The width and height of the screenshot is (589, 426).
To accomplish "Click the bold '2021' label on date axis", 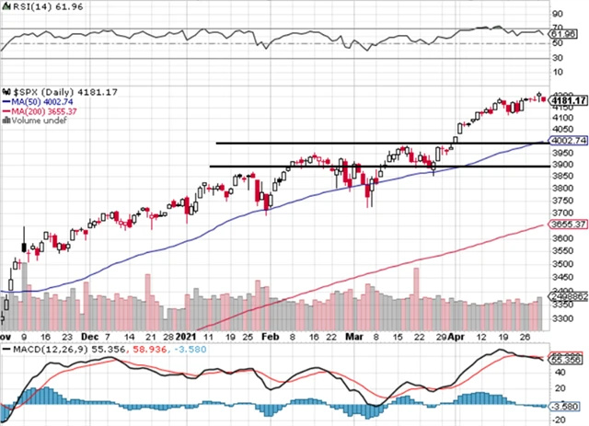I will [187, 337].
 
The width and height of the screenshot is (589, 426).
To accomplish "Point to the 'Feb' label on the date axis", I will [271, 337].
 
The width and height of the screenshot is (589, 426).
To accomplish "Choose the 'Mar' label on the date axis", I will [353, 337].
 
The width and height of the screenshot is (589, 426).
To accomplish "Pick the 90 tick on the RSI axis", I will [556, 15].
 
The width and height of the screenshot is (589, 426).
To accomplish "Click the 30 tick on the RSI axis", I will [556, 57].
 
